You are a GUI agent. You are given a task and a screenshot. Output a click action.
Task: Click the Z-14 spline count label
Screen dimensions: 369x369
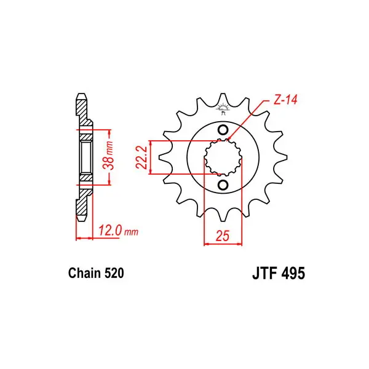(x=285, y=100)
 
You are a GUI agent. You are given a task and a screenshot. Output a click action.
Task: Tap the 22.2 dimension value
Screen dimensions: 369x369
(x=141, y=157)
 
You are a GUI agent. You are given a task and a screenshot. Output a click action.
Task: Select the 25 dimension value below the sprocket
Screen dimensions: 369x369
(x=222, y=236)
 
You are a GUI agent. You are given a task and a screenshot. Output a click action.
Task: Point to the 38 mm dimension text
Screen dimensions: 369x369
(x=108, y=156)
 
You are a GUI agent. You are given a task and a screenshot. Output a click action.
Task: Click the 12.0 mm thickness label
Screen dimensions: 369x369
(x=118, y=231)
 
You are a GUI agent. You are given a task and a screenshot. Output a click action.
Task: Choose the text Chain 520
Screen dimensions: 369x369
(x=96, y=273)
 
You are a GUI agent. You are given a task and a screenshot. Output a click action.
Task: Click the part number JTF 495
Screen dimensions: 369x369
(x=279, y=273)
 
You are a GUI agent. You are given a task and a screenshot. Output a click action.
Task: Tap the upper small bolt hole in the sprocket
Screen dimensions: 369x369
(x=223, y=129)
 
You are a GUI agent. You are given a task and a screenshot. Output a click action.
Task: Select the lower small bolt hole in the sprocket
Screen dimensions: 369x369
(x=223, y=185)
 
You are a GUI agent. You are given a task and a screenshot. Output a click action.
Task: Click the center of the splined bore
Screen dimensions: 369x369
(x=223, y=157)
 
